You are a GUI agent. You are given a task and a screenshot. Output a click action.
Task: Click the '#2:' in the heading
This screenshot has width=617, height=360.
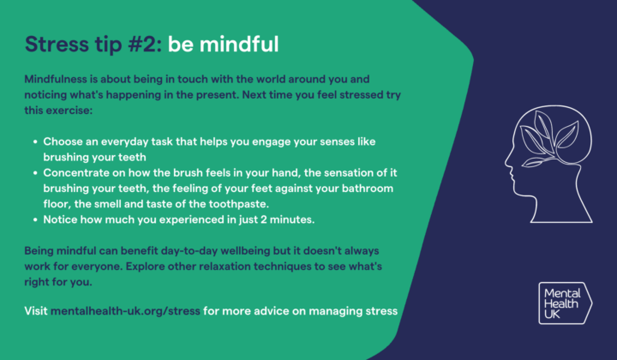click(x=141, y=43)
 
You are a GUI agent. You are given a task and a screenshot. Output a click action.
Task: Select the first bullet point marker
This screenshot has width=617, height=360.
click(x=33, y=141)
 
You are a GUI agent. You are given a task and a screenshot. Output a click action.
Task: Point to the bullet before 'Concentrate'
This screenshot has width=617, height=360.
click(x=33, y=172)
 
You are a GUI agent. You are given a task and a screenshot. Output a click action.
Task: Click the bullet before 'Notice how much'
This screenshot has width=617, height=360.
click(x=33, y=219)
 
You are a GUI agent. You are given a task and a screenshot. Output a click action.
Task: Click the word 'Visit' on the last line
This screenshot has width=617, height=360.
click(x=36, y=311)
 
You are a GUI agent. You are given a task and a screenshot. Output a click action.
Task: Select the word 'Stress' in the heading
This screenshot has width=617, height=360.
click(x=57, y=43)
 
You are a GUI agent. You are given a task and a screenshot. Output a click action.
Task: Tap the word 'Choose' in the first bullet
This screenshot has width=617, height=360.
click(x=64, y=141)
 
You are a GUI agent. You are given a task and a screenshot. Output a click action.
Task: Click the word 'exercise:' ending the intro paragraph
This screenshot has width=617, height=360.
click(x=79, y=110)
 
